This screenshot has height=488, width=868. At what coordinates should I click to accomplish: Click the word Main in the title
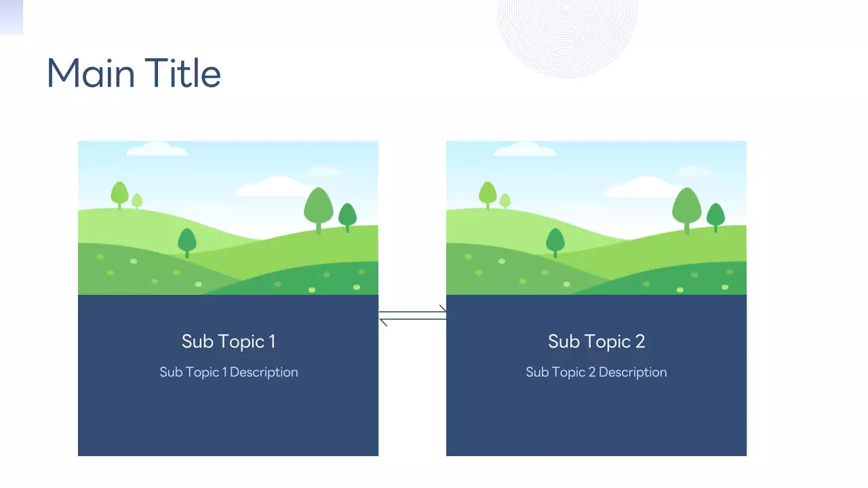click(x=90, y=73)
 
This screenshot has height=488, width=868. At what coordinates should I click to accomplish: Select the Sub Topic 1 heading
click(x=229, y=341)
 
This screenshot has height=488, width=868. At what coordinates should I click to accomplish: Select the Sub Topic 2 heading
click(x=596, y=341)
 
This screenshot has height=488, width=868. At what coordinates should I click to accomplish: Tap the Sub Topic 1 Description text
click(x=229, y=372)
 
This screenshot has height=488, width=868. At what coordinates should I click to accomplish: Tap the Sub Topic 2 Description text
click(x=596, y=372)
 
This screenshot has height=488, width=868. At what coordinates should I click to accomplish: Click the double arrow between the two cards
click(x=412, y=316)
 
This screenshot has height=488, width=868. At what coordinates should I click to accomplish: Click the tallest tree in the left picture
click(x=318, y=207)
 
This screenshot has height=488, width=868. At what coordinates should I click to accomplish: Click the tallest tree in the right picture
click(x=686, y=207)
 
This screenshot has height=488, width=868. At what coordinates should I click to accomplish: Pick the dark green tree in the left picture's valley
click(x=187, y=241)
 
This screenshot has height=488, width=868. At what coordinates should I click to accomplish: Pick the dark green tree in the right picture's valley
click(x=555, y=241)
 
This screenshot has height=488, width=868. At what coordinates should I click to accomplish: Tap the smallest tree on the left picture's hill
click(x=137, y=201)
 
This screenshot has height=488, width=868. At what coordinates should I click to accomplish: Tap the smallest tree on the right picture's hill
click(x=505, y=201)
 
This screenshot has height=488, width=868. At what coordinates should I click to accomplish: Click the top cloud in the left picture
click(x=157, y=149)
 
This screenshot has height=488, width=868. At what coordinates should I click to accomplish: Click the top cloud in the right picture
click(x=524, y=149)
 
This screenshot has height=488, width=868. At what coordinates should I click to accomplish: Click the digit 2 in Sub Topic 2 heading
click(x=639, y=341)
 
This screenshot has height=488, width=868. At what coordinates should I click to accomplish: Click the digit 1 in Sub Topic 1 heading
click(x=272, y=341)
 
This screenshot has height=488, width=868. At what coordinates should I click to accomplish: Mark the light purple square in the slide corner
click(x=11, y=17)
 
